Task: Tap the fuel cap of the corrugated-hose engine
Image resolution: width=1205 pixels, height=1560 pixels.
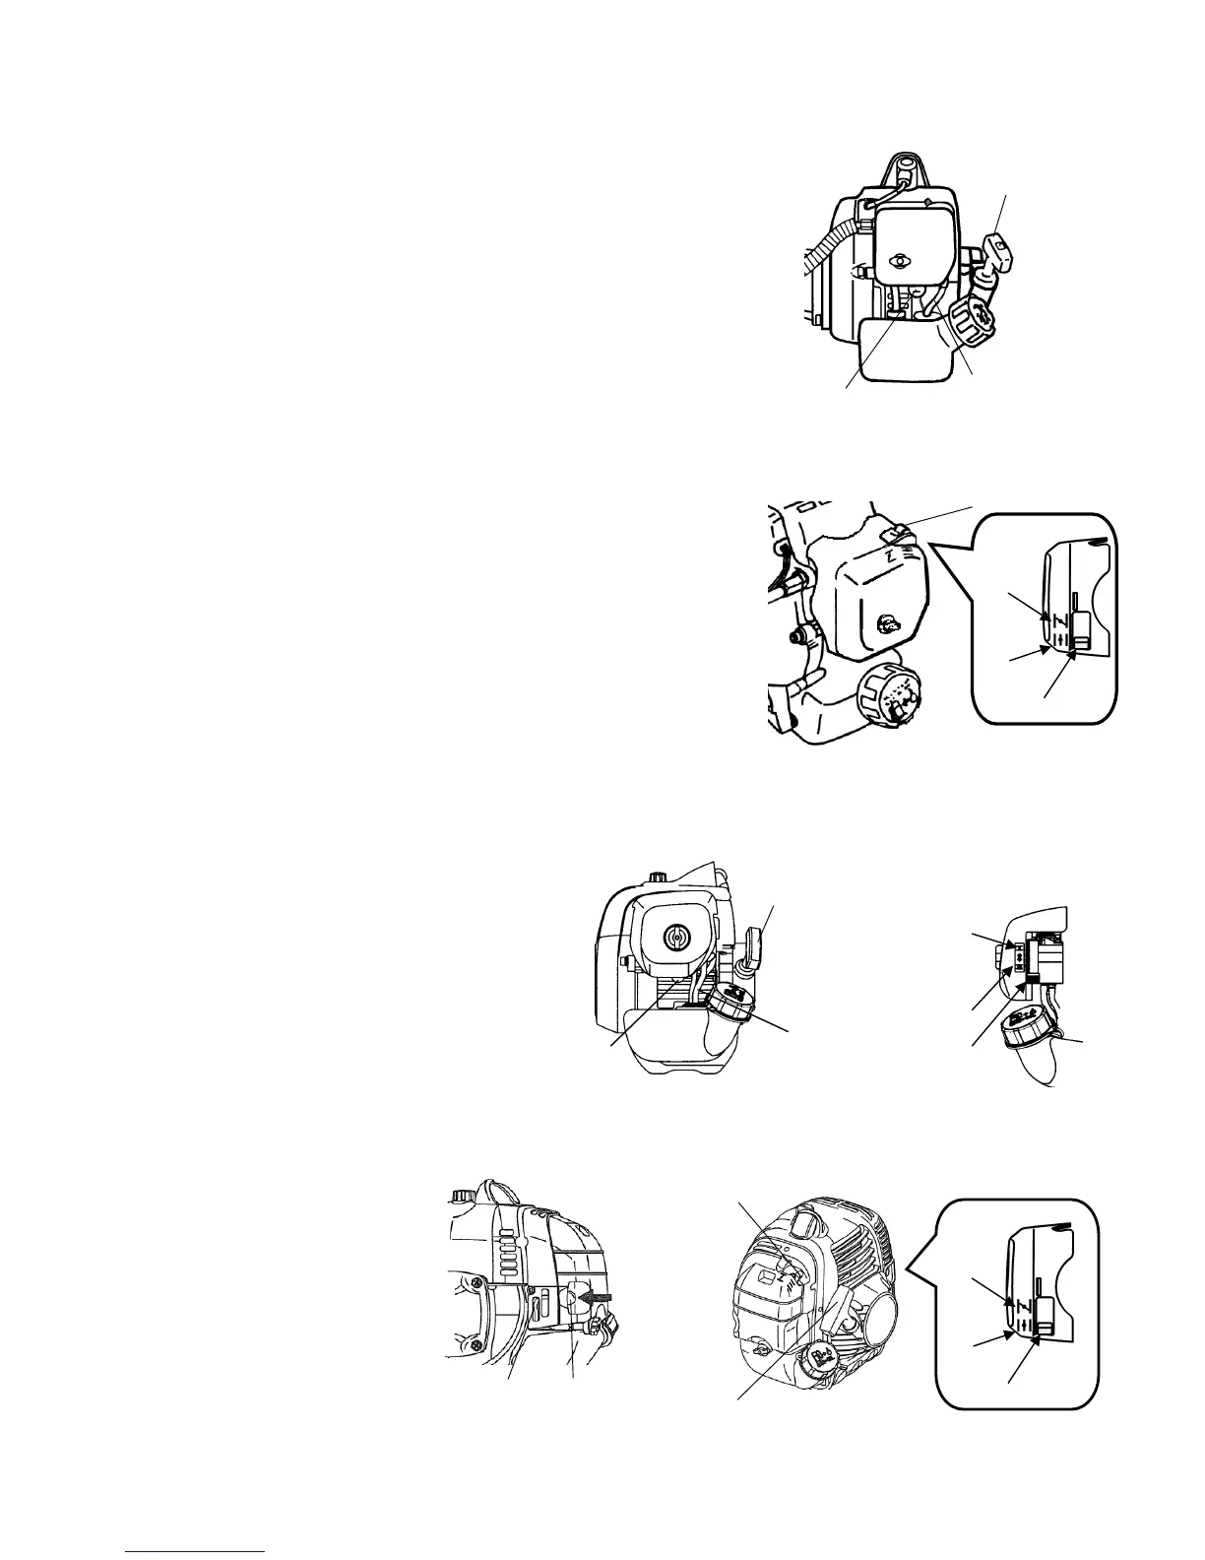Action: (972, 321)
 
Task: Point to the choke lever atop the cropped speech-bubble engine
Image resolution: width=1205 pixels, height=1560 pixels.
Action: (896, 532)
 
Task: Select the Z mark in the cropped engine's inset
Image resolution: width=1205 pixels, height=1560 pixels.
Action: (1056, 619)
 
